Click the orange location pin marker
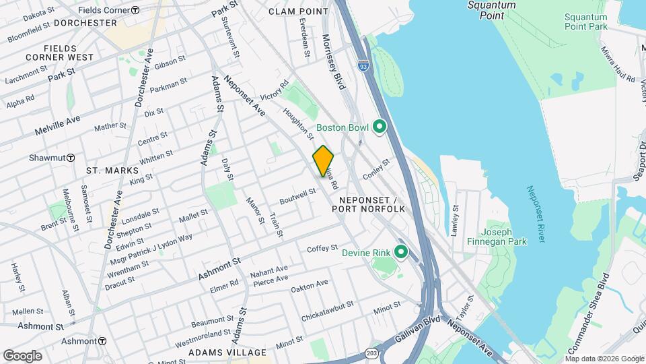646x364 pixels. click(323, 160)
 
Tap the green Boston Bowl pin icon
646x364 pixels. click(379, 127)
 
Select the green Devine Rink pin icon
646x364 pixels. click(401, 253)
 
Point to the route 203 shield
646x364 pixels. click(371, 353)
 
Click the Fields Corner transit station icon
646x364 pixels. click(135, 10)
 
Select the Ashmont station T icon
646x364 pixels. click(102, 341)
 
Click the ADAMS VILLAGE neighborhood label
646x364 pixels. click(217, 353)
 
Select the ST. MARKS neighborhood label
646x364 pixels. click(112, 171)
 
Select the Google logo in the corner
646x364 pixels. click(22, 355)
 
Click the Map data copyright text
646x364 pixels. click(600, 358)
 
